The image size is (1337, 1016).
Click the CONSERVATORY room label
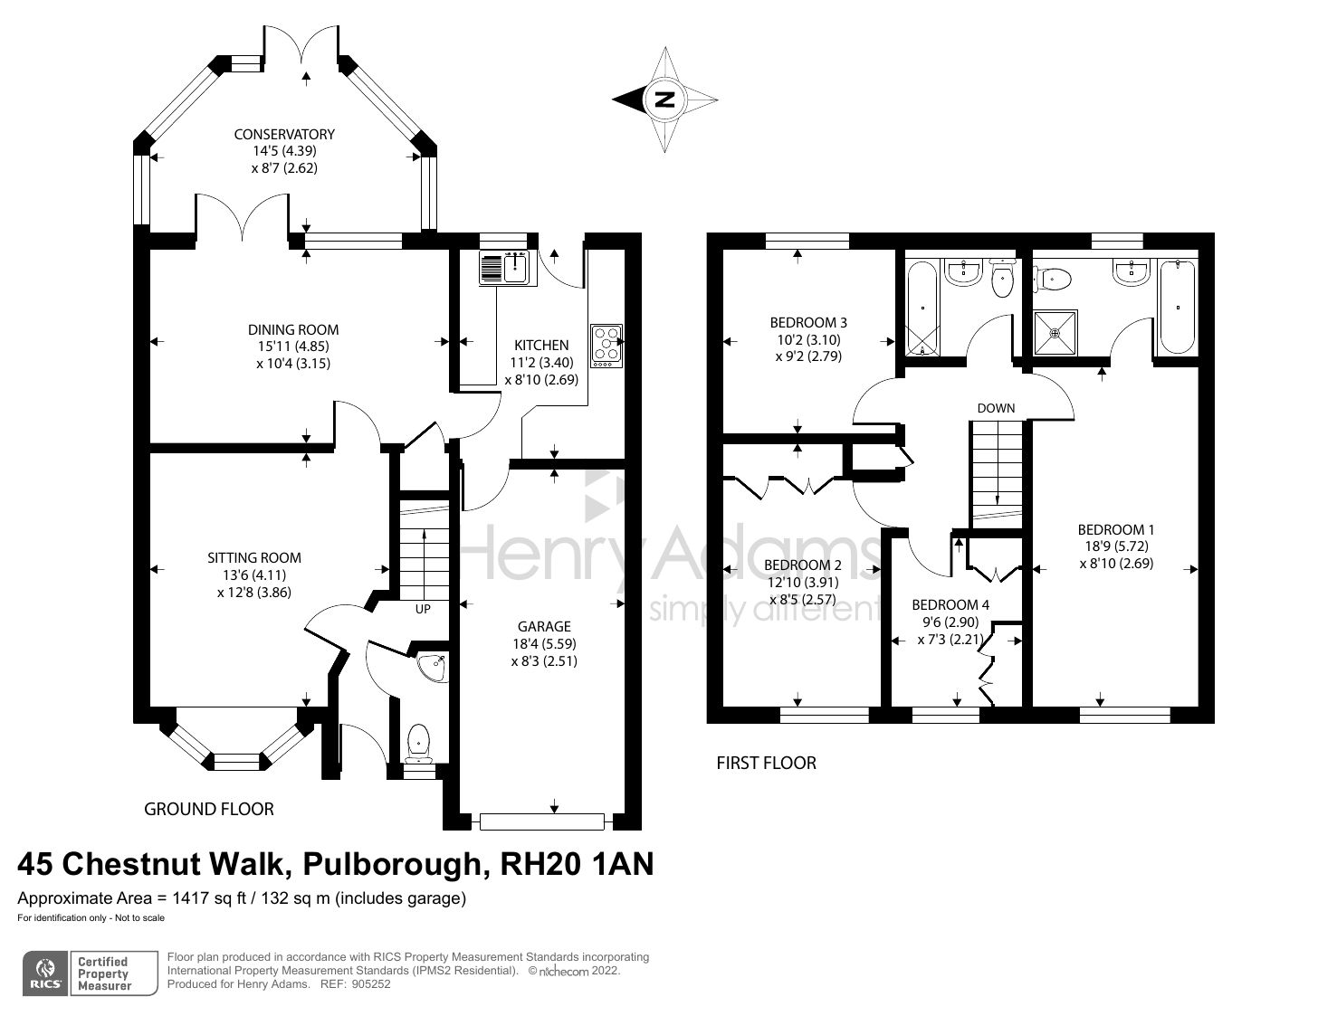(284, 134)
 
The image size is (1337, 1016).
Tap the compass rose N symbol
(665, 100)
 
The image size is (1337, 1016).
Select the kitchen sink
(504, 268)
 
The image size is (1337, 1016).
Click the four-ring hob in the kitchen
(606, 346)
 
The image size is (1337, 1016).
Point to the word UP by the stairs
(423, 609)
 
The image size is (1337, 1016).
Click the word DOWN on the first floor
(996, 408)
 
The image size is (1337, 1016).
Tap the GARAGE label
(544, 626)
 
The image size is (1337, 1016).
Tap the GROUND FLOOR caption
(209, 809)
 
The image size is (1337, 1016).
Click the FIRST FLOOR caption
(766, 763)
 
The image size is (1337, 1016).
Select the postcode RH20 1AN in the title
(577, 865)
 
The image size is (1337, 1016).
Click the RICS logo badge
(44, 973)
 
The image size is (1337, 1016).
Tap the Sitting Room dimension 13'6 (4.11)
(254, 574)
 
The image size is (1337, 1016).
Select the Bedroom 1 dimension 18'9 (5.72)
(1115, 546)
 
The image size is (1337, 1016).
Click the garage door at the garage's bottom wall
(542, 821)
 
